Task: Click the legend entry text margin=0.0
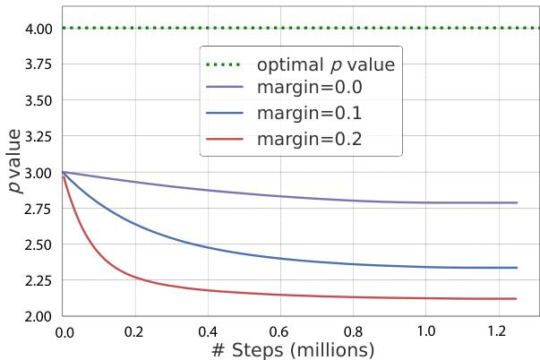tap(313, 90)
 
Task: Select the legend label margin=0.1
tap(313, 115)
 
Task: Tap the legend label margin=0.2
tap(313, 140)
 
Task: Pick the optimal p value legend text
tap(325, 65)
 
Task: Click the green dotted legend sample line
tap(225, 65)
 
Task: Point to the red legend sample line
tap(225, 140)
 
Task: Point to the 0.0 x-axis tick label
tap(64, 330)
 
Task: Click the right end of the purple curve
tap(518, 202)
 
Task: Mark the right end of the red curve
tap(518, 299)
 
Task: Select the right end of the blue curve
tap(518, 268)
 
